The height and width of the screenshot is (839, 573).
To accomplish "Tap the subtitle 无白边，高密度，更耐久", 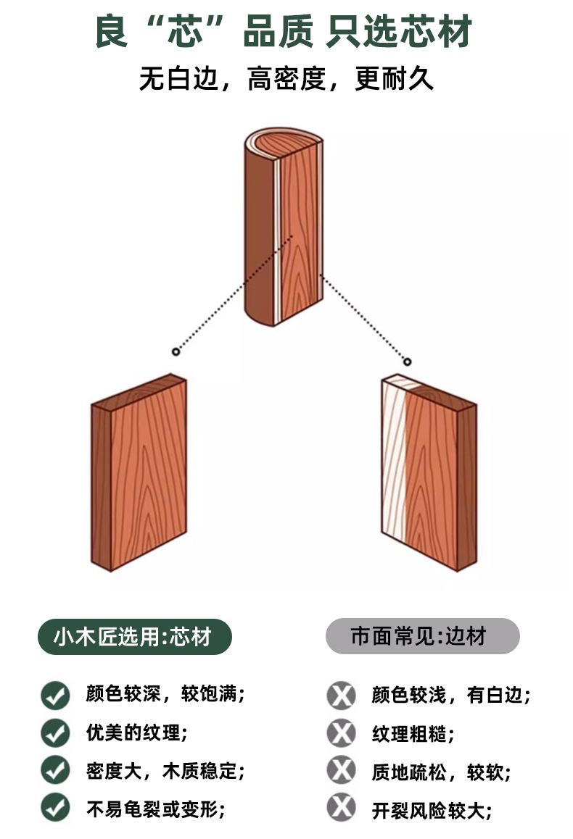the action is pos(286,79).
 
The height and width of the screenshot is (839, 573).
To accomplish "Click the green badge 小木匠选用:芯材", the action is pos(134,637).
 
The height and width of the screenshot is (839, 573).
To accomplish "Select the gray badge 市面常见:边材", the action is pos(422,637).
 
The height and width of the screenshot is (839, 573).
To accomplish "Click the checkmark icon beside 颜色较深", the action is pos(55,695).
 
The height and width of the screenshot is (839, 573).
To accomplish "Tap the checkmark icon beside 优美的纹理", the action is pos(55,732).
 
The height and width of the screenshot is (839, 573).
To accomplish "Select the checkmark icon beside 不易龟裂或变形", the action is pos(55,807).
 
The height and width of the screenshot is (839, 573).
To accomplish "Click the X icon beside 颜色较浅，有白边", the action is pos(341,696).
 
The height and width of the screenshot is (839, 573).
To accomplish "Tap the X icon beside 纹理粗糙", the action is pos(341,732).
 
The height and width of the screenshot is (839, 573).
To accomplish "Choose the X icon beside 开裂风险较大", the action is pos(341,807).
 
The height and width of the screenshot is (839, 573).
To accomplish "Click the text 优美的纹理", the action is pos(136,732).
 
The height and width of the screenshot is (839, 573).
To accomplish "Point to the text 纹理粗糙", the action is pos(413,733).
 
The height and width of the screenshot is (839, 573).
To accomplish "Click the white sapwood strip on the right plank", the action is pos(395,464).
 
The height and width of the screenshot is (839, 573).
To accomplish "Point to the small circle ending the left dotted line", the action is pos(176,351).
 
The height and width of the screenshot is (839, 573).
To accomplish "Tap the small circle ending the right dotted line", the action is pos(407,362).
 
